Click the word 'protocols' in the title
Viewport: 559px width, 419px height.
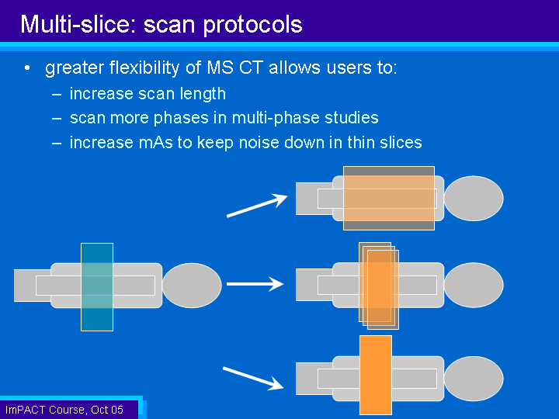pyautogui.click(x=253, y=25)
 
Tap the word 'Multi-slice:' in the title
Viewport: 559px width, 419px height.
pyautogui.click(x=78, y=24)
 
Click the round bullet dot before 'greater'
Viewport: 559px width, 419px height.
pyautogui.click(x=27, y=68)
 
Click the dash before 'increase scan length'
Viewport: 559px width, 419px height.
pyautogui.click(x=57, y=95)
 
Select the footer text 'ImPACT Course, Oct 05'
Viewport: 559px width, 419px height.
pyautogui.click(x=64, y=410)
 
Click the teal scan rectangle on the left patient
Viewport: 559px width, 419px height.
pyautogui.click(x=97, y=287)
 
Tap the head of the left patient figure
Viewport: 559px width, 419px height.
pyautogui.click(x=192, y=285)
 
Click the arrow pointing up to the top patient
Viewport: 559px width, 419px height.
pyautogui.click(x=257, y=205)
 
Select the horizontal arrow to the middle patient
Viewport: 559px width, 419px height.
pyautogui.click(x=255, y=284)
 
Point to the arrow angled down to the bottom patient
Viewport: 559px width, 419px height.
pyautogui.click(x=253, y=378)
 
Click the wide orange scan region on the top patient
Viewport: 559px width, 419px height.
pyautogui.click(x=389, y=198)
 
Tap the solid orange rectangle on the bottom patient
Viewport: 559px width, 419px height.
pyautogui.click(x=376, y=375)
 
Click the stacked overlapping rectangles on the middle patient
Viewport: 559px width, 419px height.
pyautogui.click(x=379, y=286)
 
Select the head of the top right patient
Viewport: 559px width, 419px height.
pyautogui.click(x=474, y=198)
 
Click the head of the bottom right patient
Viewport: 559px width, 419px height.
pyautogui.click(x=474, y=379)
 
